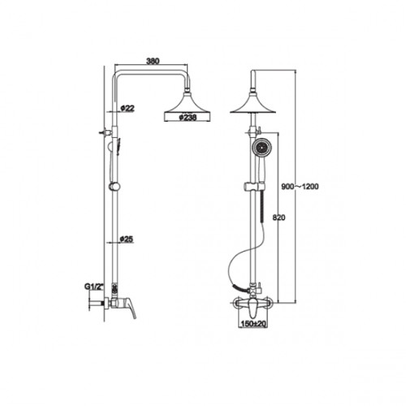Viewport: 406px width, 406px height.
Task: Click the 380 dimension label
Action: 153,61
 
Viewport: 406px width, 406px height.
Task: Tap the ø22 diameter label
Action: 127,108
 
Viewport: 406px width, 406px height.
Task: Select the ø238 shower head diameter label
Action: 188,118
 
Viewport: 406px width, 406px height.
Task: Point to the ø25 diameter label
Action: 127,239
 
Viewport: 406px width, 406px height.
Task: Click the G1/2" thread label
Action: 94,287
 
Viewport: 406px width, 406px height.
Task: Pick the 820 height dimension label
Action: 279,218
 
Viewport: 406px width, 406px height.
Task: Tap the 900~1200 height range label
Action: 300,187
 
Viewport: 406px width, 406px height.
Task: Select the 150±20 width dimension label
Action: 253,323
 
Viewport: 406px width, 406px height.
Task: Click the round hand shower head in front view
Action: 261,148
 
